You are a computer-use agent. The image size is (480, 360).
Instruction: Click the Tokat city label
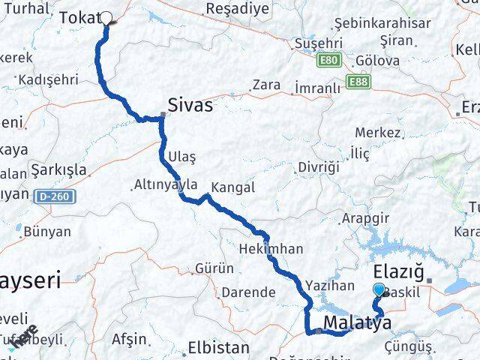(x=77, y=17)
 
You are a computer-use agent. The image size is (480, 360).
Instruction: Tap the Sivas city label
(x=190, y=105)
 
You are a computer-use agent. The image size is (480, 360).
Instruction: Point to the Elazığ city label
(x=398, y=271)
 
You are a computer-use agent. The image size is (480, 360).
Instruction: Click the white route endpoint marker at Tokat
(x=106, y=19)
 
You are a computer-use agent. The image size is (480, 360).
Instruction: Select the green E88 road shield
(x=357, y=80)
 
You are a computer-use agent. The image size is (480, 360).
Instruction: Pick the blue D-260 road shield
(x=44, y=195)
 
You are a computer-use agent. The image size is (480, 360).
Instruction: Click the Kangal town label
(x=233, y=187)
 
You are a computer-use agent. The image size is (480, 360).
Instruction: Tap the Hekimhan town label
(x=271, y=248)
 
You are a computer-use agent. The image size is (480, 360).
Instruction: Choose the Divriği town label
(x=319, y=166)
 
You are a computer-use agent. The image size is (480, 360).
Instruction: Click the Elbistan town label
(x=218, y=348)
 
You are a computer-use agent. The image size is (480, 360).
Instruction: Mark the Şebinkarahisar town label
(x=385, y=23)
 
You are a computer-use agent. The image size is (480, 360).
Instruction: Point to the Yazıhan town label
(x=330, y=285)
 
